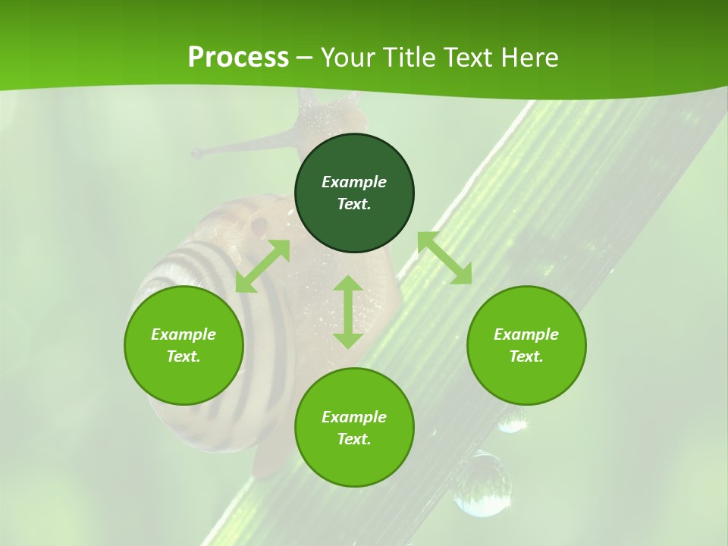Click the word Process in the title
click(238, 58)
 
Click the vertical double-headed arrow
click(348, 312)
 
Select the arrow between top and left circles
click(262, 266)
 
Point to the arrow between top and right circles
click(444, 258)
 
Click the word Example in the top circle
click(354, 182)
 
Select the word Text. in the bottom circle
click(354, 439)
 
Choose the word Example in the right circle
click(526, 334)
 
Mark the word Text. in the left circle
click(184, 356)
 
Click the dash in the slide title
click(305, 58)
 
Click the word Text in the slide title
click(468, 58)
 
